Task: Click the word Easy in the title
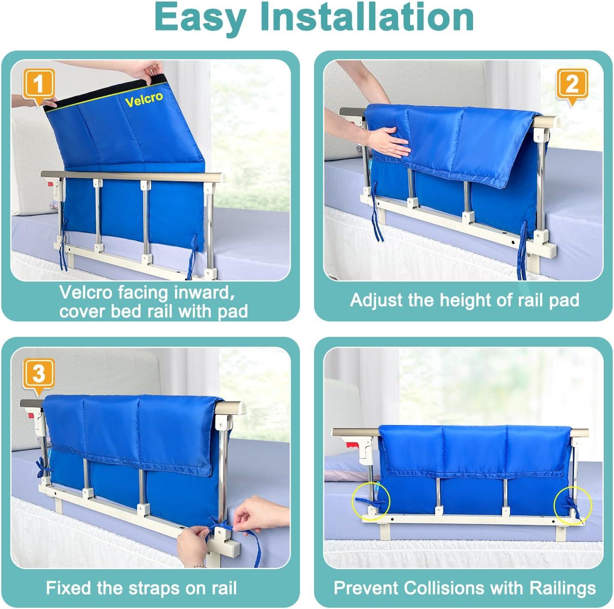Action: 201,18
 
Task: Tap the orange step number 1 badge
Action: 39,84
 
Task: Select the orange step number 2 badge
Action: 572,84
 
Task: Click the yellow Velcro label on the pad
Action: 144,99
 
